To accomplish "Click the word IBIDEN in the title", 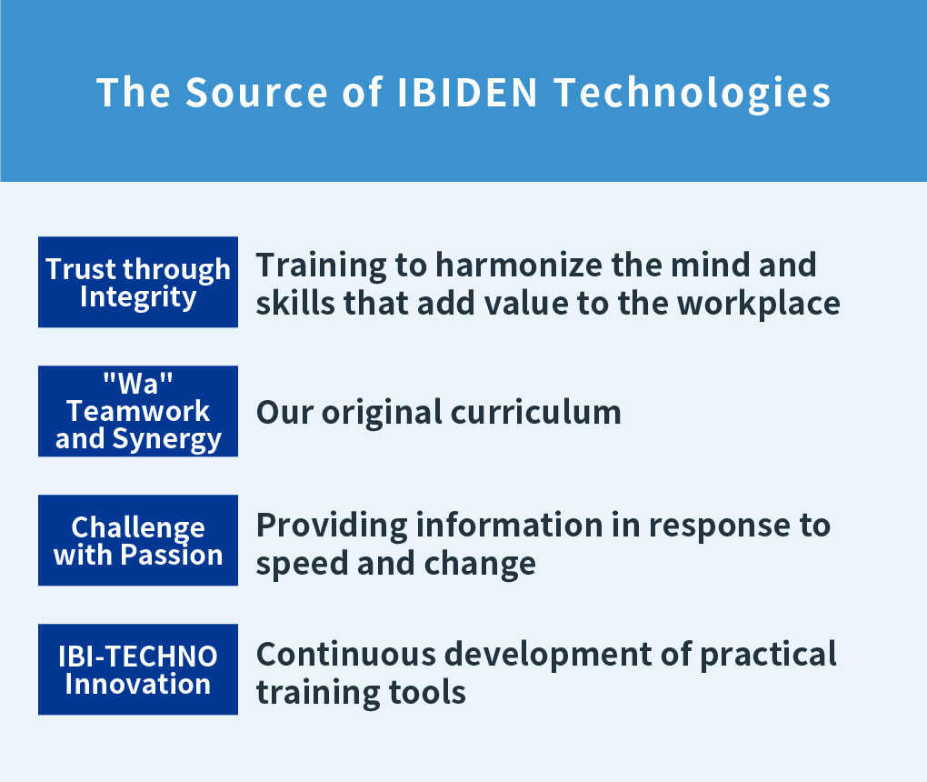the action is pos(467,92).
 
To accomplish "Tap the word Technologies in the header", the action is pos(693,94).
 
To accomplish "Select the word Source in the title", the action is pos(256,92).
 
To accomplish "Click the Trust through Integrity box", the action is pos(138,282).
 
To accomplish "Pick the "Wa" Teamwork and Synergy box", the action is pos(138,411).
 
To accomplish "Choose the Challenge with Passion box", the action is pos(138,540).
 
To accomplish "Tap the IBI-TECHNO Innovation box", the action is pos(138,669).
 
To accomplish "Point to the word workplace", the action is pos(759,304).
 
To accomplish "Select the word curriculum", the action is pos(535,412).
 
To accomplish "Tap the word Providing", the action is pos(332,526).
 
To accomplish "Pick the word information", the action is pos(509,525).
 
